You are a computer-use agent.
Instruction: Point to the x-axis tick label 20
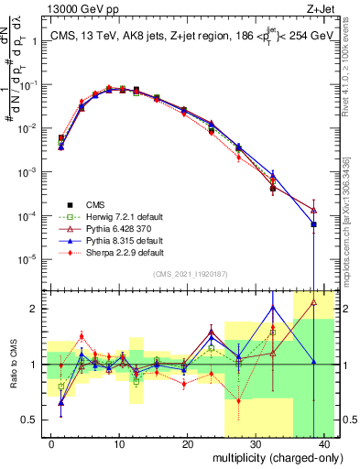(x=187, y=442)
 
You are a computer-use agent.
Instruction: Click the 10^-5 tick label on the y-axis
(x=29, y=259)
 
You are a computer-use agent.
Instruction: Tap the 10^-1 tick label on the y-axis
(x=29, y=85)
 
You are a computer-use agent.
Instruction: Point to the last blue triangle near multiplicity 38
(x=313, y=224)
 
